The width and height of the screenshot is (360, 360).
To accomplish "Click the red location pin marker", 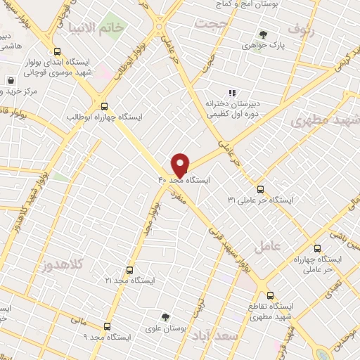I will click(181, 165).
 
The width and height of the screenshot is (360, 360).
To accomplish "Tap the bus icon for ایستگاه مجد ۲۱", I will click(129, 270).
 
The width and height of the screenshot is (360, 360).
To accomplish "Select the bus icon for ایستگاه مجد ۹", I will click(107, 326).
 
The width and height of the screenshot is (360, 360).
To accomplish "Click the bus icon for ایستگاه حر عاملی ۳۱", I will click(261, 189).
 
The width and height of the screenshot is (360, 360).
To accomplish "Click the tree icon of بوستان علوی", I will click(165, 316).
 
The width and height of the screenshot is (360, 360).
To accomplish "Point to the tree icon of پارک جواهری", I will click(263, 34).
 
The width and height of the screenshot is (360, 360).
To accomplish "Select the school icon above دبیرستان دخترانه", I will click(231, 93).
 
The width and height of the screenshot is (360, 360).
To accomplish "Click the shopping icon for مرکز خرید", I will click(11, 79).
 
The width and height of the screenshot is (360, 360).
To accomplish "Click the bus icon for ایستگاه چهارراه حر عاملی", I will click(316, 248).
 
